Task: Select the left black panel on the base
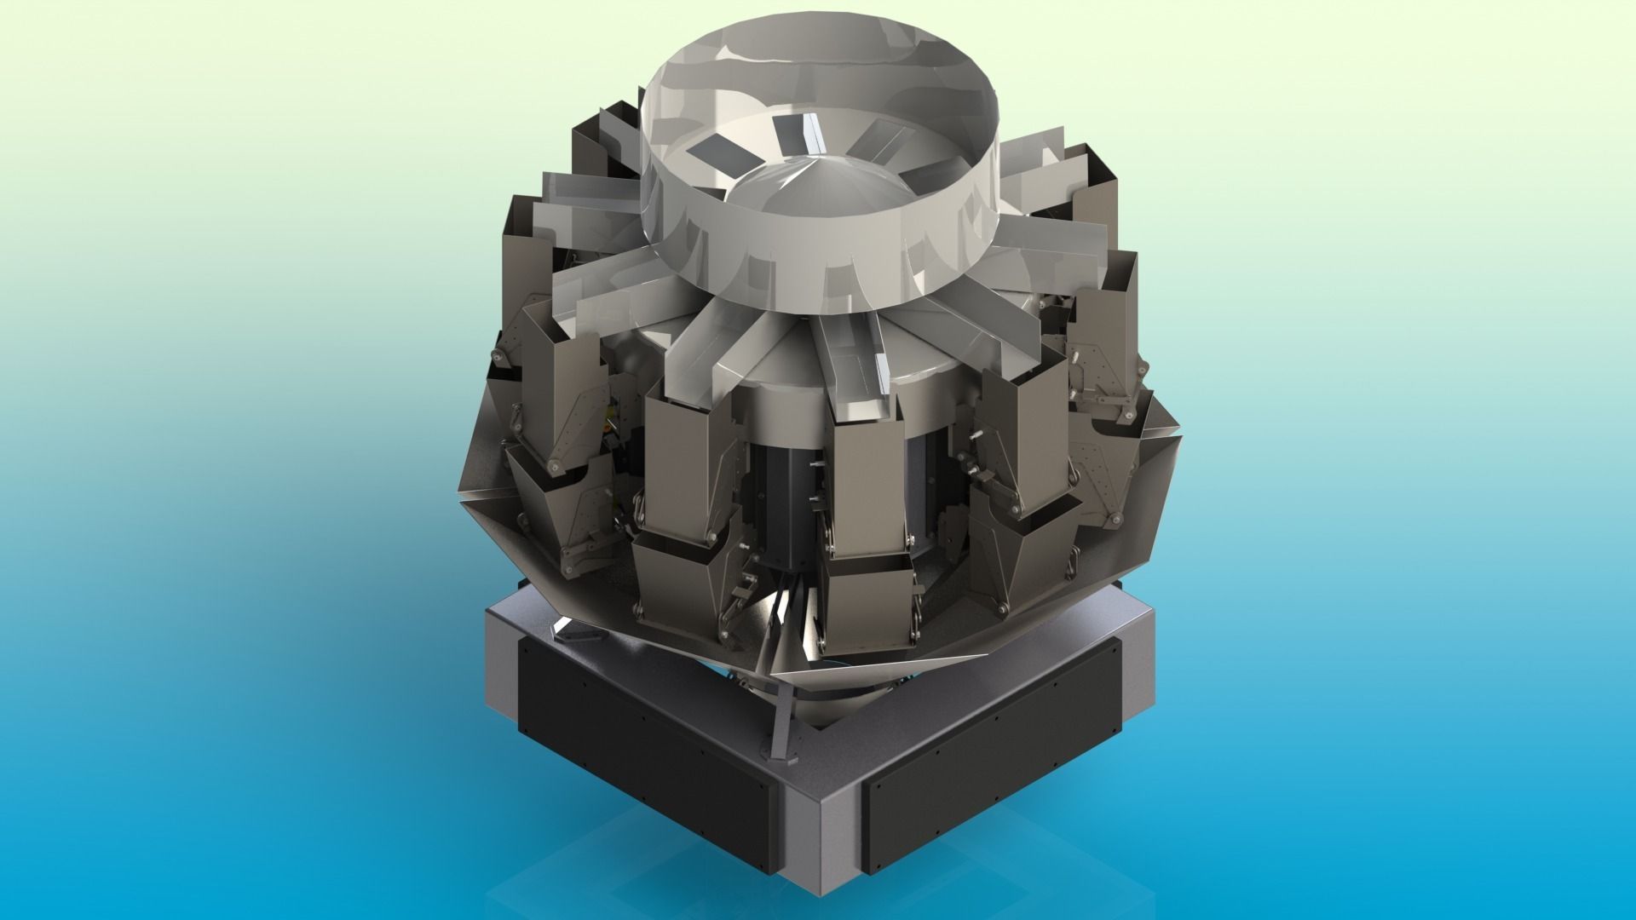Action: tap(643, 733)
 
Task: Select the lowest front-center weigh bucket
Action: tap(869, 609)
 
